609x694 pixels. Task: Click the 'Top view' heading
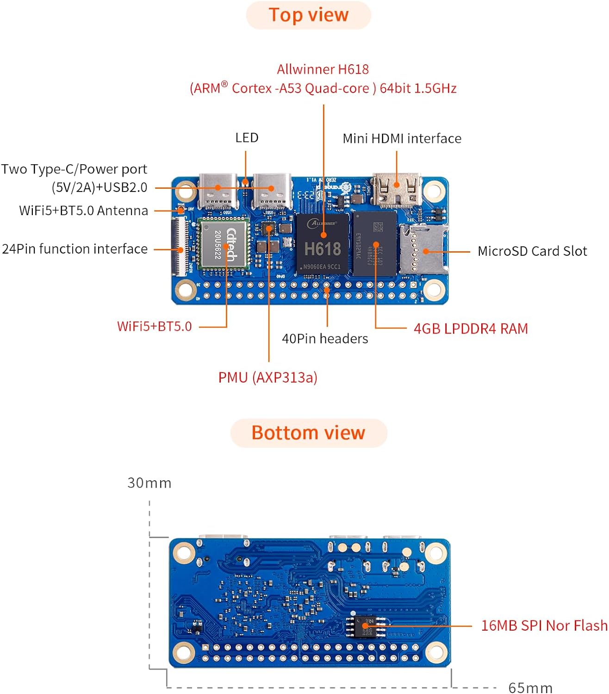(308, 15)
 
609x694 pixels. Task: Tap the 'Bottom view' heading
(308, 433)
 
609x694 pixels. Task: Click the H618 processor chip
(323, 244)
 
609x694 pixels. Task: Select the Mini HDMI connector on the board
(397, 189)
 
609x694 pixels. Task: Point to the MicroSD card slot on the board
(423, 250)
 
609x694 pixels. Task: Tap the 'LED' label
(247, 138)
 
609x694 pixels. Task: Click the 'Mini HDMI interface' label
(402, 138)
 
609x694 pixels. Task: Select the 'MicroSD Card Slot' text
(532, 251)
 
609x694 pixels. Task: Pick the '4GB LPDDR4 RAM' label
(471, 328)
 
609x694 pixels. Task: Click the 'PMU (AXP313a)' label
(267, 378)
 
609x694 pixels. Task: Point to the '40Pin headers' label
(325, 339)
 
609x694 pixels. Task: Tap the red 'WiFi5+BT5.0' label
(154, 326)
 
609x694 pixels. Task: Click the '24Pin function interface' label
(75, 249)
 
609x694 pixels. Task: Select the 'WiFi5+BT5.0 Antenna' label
(83, 211)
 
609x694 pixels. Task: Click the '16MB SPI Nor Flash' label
(544, 626)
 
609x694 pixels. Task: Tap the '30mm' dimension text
(149, 483)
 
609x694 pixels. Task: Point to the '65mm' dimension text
(530, 688)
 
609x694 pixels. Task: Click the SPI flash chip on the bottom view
(366, 626)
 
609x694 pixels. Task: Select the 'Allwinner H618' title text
(323, 69)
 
